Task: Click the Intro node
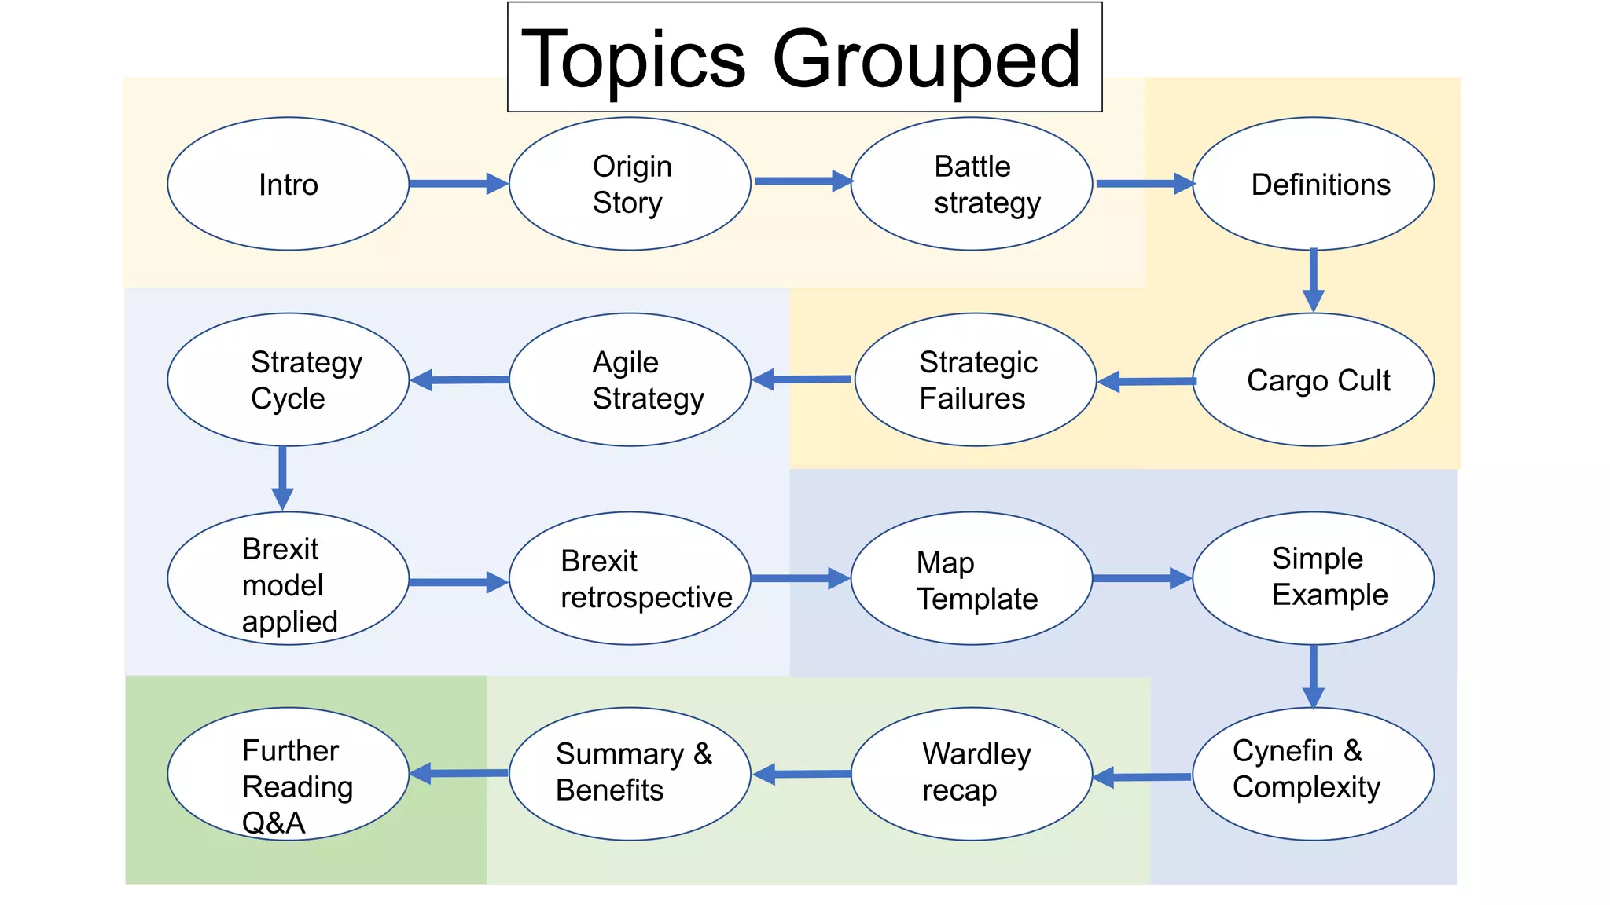288,184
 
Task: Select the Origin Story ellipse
630,184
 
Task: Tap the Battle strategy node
972,184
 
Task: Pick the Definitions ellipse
1313,184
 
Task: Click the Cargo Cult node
1313,380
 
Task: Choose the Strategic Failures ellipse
975,380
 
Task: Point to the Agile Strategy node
630,380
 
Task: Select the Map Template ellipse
972,579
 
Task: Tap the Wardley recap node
972,774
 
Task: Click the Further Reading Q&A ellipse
288,774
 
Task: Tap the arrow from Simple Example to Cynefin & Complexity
1313,676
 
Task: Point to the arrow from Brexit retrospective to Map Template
800,579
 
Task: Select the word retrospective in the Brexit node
646,598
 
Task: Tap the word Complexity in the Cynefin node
1306,787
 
